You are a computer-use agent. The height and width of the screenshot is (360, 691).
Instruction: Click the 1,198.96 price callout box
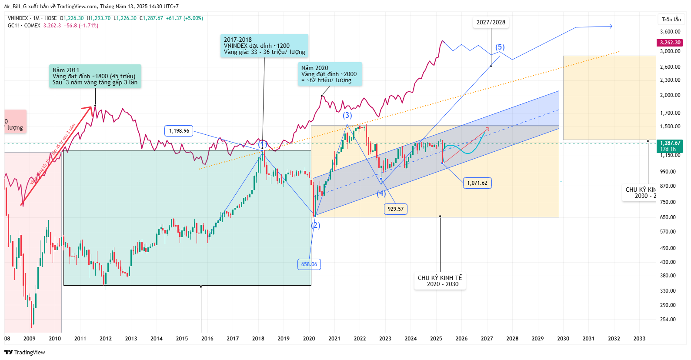click(x=179, y=131)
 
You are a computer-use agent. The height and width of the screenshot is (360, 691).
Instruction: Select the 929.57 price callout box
click(x=396, y=209)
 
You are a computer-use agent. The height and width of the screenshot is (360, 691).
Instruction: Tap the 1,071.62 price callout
click(x=477, y=183)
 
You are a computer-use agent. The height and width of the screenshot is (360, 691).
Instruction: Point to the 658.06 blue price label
click(x=309, y=264)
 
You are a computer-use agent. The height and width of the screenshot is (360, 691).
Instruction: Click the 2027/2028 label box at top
click(x=491, y=23)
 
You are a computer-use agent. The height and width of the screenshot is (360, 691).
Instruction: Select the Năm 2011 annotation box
click(x=95, y=76)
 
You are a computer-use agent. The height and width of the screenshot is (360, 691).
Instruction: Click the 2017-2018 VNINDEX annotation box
click(x=264, y=46)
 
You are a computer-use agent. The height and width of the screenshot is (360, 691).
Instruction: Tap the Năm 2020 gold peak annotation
click(x=330, y=74)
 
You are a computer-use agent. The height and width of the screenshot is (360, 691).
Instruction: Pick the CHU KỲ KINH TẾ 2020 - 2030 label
click(x=440, y=281)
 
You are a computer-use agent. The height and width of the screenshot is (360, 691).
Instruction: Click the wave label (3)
click(x=347, y=115)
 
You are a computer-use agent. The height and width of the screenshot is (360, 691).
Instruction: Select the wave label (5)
click(x=500, y=47)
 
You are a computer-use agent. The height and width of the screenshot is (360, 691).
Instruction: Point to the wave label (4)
click(x=381, y=193)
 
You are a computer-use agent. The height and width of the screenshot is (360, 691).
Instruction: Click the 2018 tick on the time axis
click(x=258, y=339)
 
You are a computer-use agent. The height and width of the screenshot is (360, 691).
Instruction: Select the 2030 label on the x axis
click(x=563, y=339)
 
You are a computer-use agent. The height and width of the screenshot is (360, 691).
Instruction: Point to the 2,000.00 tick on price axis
click(x=670, y=95)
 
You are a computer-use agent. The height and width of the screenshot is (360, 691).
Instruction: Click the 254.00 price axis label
click(x=668, y=320)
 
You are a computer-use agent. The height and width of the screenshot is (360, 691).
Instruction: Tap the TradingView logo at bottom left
click(x=25, y=352)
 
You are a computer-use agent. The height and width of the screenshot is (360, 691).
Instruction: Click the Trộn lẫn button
click(x=671, y=20)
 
